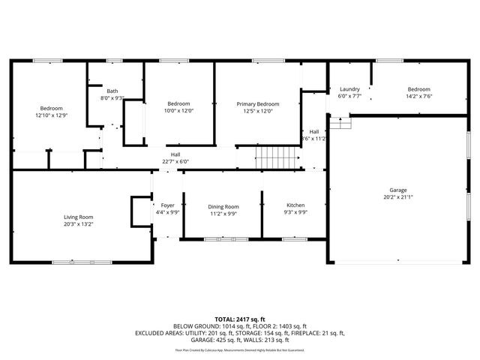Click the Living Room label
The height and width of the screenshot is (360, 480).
79,217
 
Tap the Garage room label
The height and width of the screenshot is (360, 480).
397,190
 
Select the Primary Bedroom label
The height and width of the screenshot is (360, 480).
258,103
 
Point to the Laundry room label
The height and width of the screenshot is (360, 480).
349,88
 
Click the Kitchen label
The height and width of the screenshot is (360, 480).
295,205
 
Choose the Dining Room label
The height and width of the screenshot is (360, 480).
223,206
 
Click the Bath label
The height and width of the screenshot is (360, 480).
112,91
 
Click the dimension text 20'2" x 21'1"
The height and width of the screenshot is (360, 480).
397,197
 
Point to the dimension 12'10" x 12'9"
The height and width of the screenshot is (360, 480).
51,115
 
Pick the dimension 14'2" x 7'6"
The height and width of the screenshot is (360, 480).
418,96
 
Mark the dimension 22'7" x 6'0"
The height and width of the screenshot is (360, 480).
175,161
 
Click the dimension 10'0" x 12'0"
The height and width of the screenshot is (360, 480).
178,111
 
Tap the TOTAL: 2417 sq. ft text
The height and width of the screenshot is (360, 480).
240,319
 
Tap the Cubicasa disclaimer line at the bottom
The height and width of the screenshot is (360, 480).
240,349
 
